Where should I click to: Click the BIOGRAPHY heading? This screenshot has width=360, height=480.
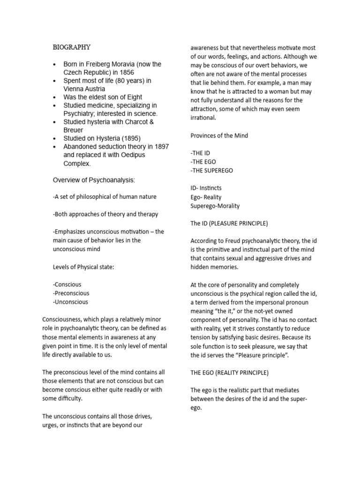coord(71,47)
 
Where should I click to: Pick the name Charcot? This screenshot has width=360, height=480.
coord(133,122)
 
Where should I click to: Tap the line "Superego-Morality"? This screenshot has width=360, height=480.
coord(215,206)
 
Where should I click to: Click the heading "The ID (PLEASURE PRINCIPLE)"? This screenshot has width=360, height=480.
coord(229,223)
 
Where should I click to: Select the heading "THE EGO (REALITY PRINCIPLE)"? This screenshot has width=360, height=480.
coord(229,373)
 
